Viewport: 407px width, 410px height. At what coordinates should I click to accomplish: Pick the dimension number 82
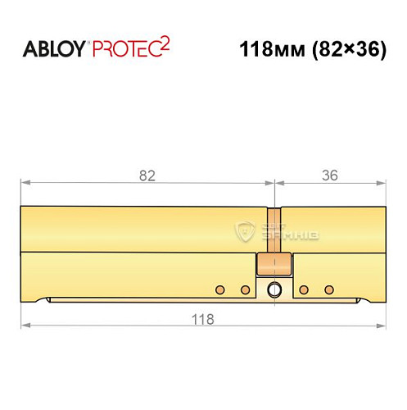(147, 175)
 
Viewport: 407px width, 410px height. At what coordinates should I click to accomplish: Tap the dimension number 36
(330, 175)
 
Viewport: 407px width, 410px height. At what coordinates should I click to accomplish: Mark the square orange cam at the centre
(273, 265)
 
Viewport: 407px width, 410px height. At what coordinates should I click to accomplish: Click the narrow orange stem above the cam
(274, 229)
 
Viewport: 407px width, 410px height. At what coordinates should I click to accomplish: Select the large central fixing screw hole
(274, 289)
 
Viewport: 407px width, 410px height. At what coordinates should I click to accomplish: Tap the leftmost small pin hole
(219, 290)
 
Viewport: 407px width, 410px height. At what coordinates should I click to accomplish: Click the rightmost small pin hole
(329, 290)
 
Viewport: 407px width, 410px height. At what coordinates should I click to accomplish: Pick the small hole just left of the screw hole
(244, 290)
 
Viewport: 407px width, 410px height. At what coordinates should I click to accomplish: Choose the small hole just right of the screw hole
(304, 290)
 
